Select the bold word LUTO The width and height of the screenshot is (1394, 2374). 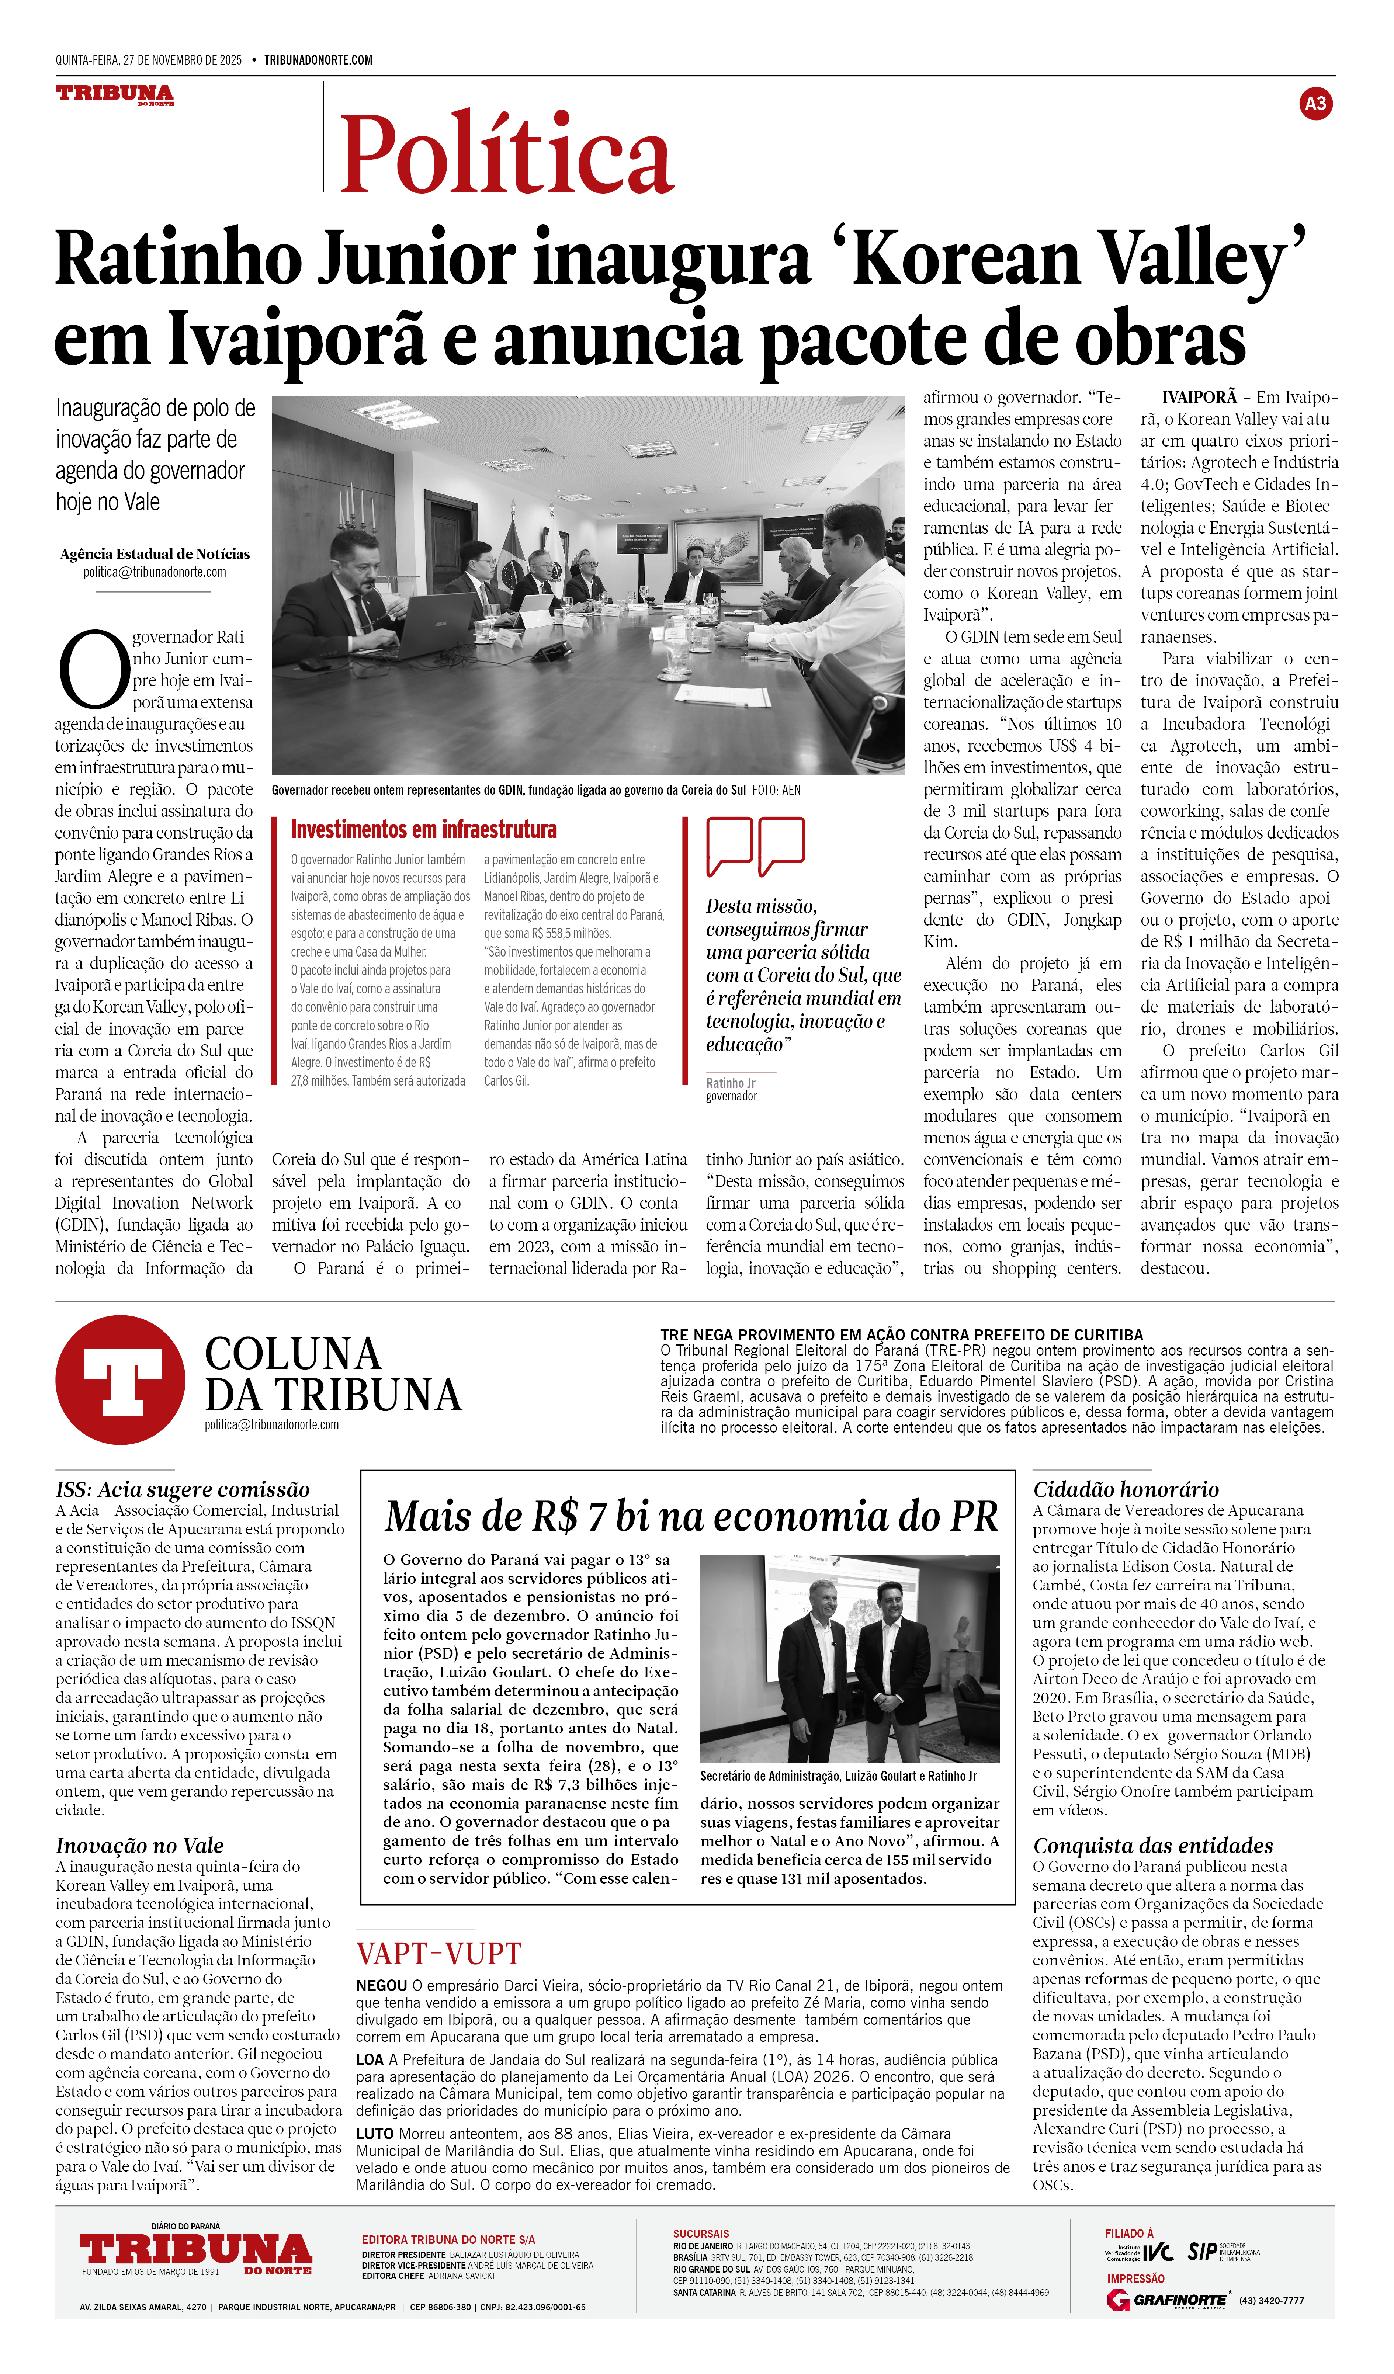tap(375, 2133)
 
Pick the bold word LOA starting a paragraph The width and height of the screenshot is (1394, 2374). tap(369, 2059)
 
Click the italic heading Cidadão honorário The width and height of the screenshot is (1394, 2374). tap(1126, 1489)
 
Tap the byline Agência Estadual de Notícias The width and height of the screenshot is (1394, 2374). tap(155, 554)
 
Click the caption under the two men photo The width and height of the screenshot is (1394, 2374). tap(838, 1776)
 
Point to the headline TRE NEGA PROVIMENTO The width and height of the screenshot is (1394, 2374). tap(901, 1335)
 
